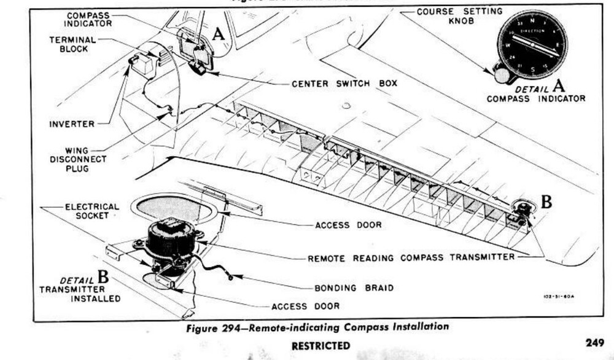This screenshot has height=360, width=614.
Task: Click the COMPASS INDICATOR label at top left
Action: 89,19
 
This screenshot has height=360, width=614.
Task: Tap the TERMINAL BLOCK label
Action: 72,44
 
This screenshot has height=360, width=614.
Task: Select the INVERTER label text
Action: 72,124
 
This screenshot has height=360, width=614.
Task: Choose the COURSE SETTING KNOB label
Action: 459,16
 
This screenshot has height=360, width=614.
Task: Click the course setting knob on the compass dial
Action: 502,76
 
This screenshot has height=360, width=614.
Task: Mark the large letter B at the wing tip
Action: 546,201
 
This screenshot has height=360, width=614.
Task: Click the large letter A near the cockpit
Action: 219,35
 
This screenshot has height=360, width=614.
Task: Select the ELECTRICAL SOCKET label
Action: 92,211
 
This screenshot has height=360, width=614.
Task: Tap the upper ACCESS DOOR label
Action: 348,225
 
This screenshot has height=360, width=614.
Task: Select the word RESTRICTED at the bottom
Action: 321,345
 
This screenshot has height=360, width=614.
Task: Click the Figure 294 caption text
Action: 317,327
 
